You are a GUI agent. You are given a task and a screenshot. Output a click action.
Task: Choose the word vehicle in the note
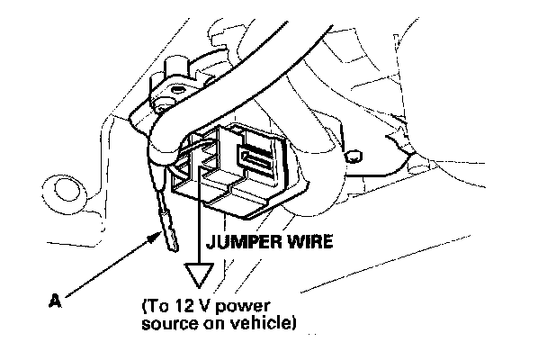click(x=261, y=321)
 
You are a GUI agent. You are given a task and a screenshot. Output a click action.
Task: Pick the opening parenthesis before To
click(x=144, y=305)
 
